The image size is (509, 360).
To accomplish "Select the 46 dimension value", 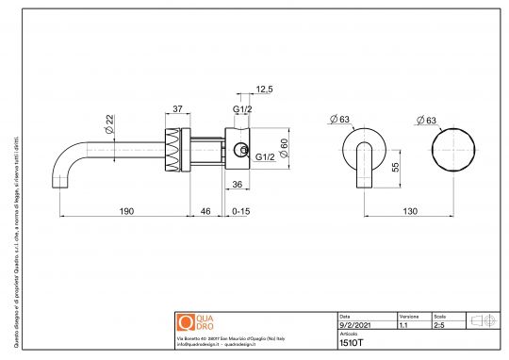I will click(x=206, y=213).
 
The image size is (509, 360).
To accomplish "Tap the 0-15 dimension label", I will click(x=241, y=213).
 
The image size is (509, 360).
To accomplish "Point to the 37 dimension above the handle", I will click(x=177, y=108).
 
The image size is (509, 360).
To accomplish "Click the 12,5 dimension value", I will click(x=265, y=89).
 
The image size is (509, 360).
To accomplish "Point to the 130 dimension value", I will click(x=411, y=213).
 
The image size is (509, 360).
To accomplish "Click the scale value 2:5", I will click(x=440, y=323).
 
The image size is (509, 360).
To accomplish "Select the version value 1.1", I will click(x=403, y=323).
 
